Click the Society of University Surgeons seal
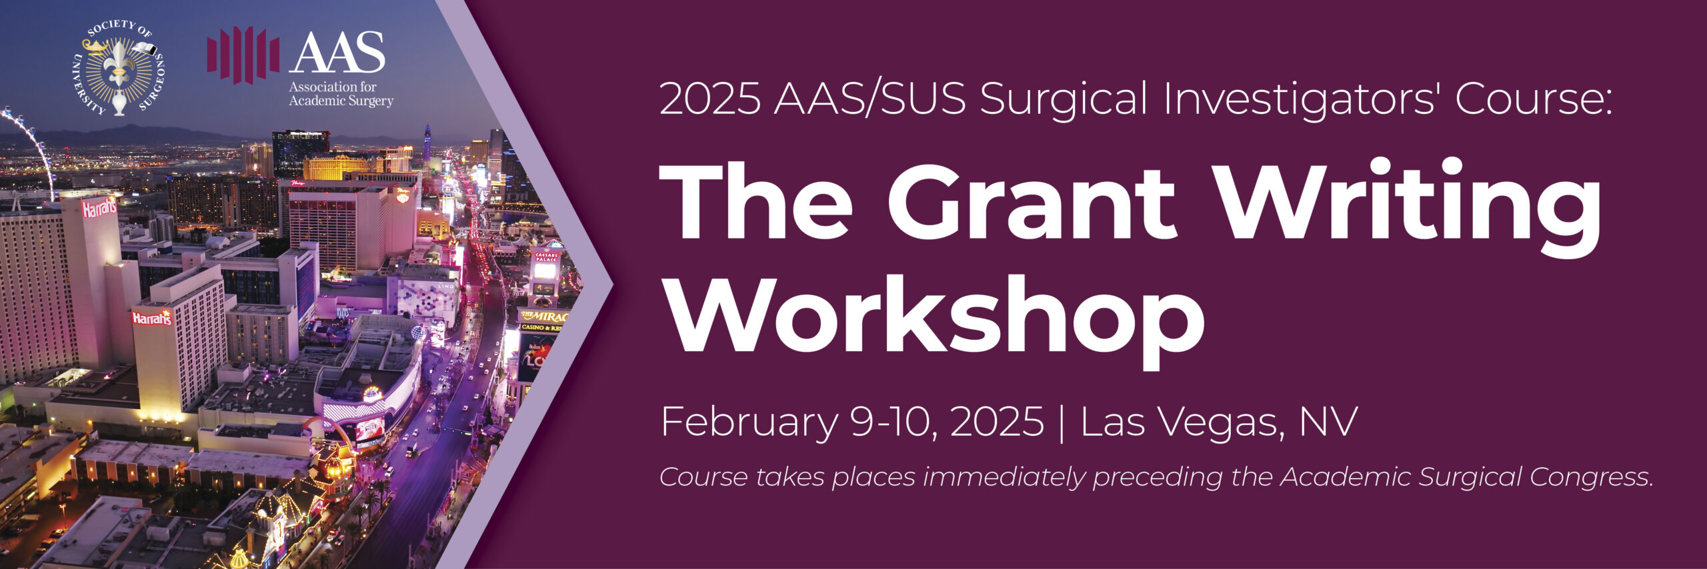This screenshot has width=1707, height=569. tap(118, 67)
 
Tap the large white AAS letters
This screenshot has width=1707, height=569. tap(337, 52)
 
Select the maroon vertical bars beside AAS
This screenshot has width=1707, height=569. tap(243, 55)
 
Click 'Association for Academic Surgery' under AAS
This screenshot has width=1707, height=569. tap(341, 94)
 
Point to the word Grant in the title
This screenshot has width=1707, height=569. tap(1031, 201)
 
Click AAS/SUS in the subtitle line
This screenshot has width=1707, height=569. tap(870, 98)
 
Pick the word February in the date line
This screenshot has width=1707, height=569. tap(749, 422)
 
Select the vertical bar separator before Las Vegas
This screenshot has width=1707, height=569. tap(1062, 422)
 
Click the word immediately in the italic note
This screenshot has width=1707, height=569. tap(1004, 477)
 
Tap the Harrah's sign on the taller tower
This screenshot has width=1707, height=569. tap(99, 208)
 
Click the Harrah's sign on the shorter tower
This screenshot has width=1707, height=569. tap(151, 318)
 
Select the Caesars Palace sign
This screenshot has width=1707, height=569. tap(545, 257)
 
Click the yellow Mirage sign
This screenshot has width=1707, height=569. tap(543, 316)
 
